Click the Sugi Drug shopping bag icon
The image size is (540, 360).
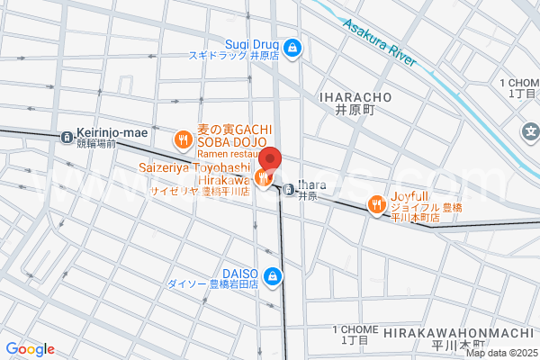pyautogui.click(x=292, y=47)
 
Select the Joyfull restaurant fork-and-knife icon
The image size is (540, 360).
pyautogui.click(x=377, y=207)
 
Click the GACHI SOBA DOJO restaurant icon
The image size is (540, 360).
pyautogui.click(x=183, y=139)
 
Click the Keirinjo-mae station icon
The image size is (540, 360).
pyautogui.click(x=66, y=138)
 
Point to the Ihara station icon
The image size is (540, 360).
pyautogui.click(x=288, y=189)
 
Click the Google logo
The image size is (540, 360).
pyautogui.click(x=30, y=349)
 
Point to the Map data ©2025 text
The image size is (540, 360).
pyautogui.click(x=501, y=353)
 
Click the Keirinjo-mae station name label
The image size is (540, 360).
pyautogui.click(x=111, y=133)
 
